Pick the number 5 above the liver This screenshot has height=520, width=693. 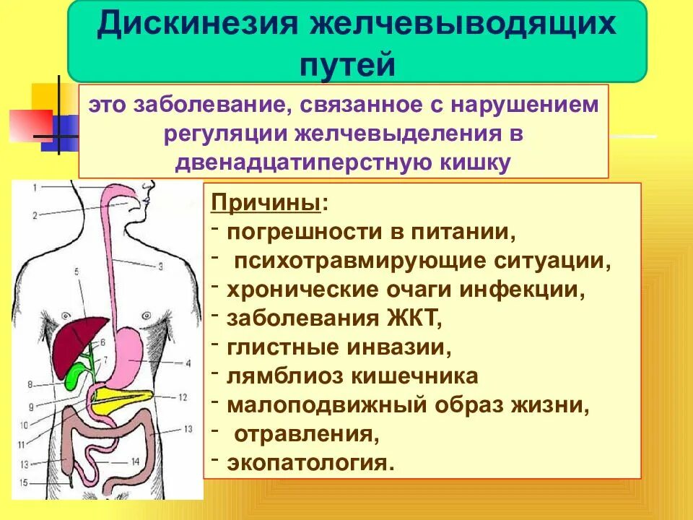(76, 272)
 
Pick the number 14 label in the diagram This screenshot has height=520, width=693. (135, 461)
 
